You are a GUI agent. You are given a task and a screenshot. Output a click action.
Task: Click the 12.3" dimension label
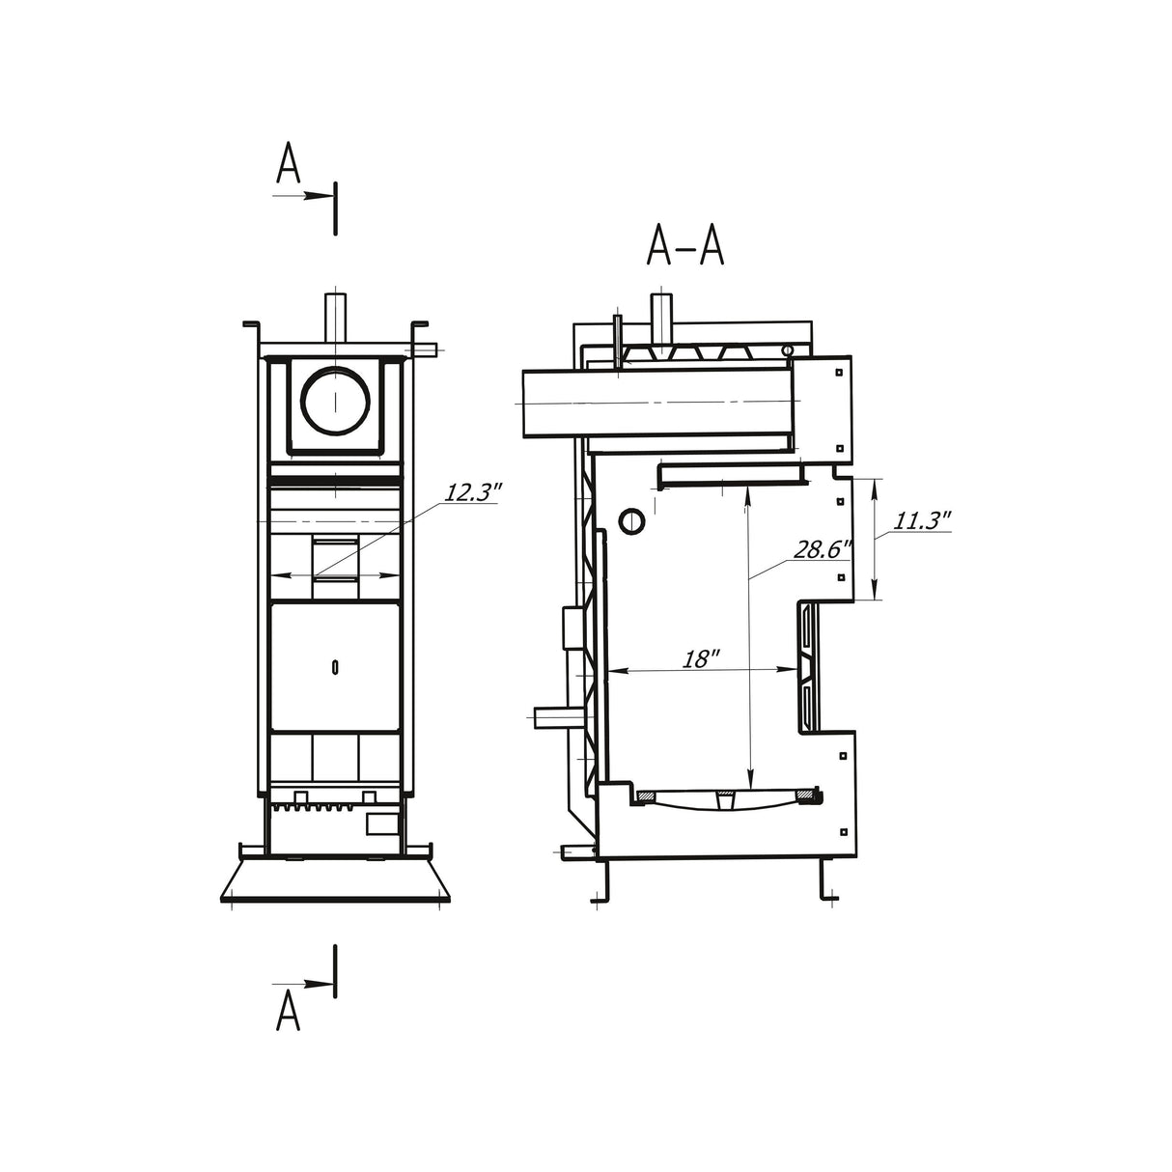tap(473, 491)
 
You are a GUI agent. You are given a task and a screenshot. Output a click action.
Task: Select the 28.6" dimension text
tap(822, 549)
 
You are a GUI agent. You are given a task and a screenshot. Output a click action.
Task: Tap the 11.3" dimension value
tap(922, 521)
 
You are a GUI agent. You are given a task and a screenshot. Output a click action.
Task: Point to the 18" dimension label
tap(701, 658)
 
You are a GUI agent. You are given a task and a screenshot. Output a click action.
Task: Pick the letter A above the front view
tap(288, 165)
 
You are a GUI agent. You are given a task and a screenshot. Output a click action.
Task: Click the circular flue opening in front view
tap(335, 401)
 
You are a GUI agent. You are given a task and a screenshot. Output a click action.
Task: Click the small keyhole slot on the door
tap(334, 666)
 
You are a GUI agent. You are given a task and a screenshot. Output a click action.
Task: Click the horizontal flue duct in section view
tap(656, 402)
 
